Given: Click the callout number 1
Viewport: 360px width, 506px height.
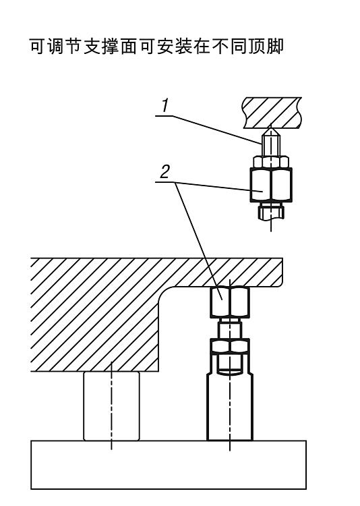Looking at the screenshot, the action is [x=165, y=106].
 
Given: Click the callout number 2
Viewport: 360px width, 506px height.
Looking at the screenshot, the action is [x=165, y=172].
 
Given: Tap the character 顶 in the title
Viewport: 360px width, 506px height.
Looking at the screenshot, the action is [x=257, y=47].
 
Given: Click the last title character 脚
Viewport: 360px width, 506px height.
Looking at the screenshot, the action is [x=275, y=47].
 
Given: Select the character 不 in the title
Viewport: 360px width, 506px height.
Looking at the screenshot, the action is [x=220, y=47].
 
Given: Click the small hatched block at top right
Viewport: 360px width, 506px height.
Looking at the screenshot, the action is [x=272, y=113].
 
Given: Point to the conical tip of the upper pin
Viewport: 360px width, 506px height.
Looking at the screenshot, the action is [x=271, y=132].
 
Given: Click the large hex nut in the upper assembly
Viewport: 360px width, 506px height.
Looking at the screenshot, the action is [x=271, y=185].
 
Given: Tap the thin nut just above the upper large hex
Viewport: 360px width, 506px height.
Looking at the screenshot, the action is [x=271, y=162].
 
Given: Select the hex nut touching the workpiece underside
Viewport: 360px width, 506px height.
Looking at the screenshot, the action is [x=230, y=302].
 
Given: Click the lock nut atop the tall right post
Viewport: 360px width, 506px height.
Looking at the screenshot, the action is [x=230, y=345].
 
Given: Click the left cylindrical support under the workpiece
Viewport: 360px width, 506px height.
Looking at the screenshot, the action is [x=112, y=405].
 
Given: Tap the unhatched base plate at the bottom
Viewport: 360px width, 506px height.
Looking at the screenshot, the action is [x=169, y=465].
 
